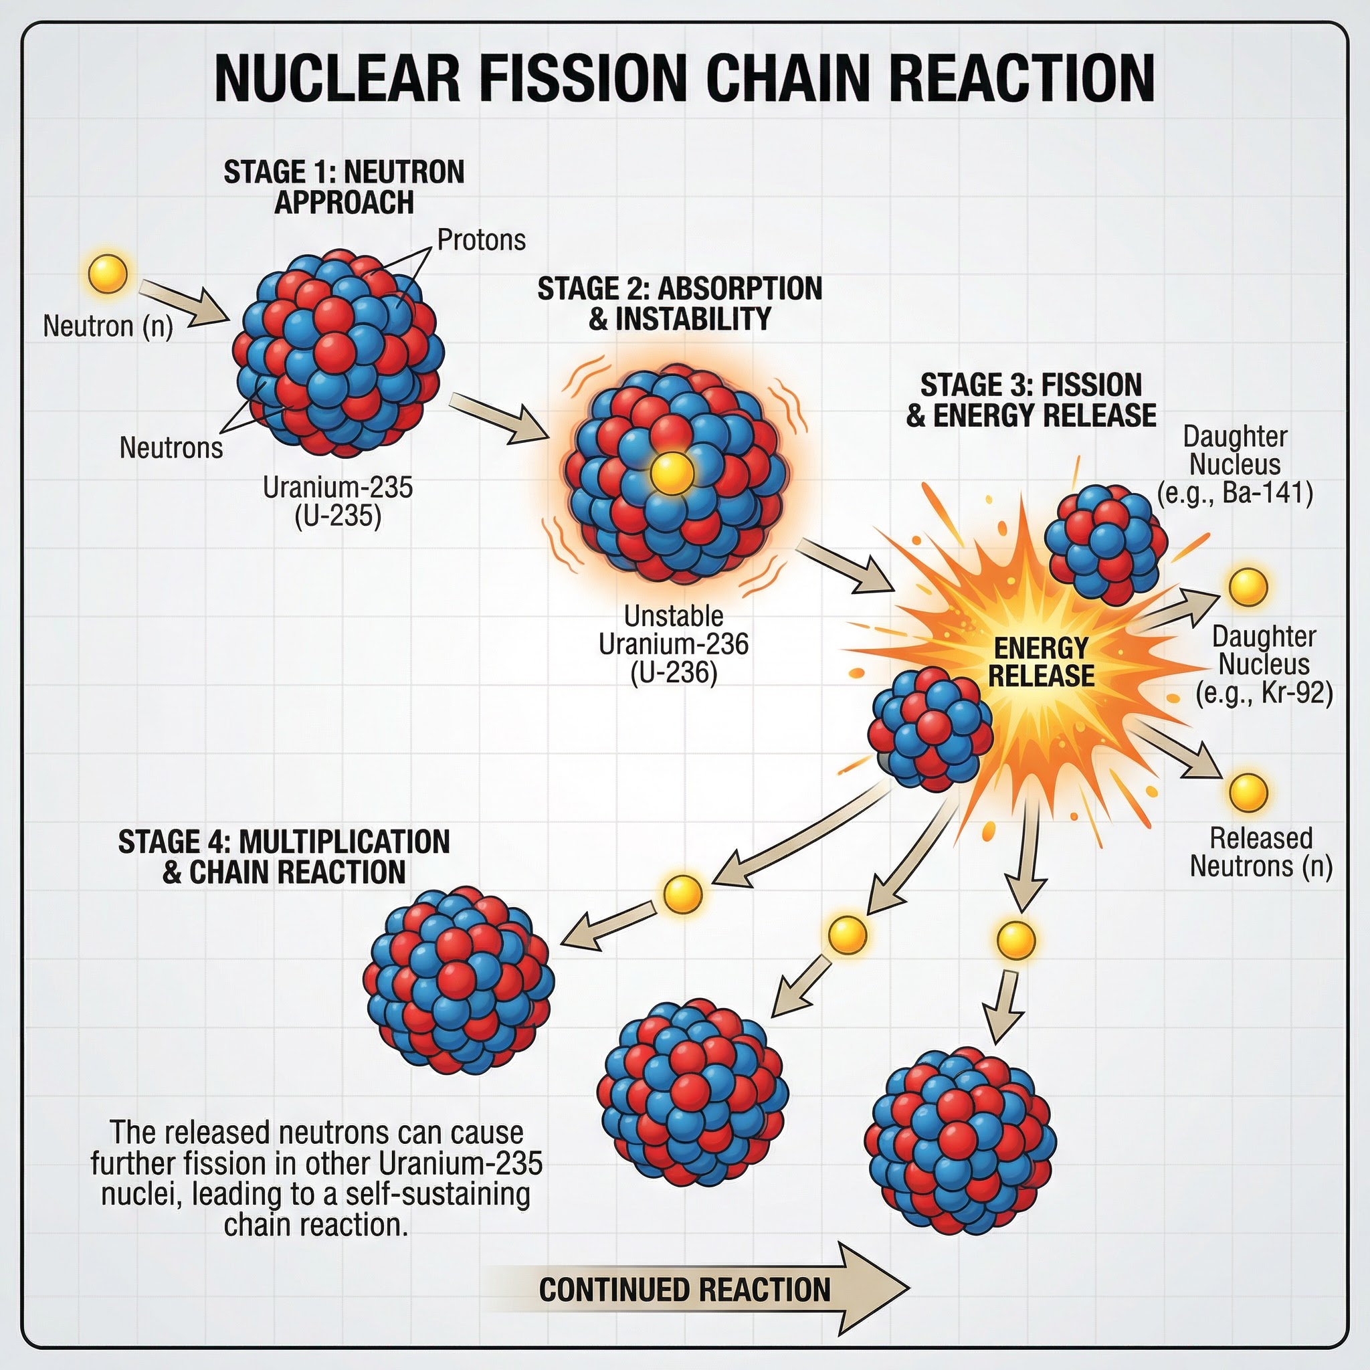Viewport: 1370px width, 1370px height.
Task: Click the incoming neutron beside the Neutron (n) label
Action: tap(108, 274)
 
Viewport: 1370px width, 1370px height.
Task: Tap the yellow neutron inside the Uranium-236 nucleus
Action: tap(671, 472)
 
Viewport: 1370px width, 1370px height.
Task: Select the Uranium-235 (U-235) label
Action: tap(338, 501)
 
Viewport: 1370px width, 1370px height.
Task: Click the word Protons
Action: tap(482, 240)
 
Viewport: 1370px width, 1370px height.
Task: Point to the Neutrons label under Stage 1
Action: tap(171, 448)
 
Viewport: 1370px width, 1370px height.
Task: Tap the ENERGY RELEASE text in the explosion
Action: tap(1041, 662)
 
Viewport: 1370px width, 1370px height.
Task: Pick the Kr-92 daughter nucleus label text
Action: tap(1264, 664)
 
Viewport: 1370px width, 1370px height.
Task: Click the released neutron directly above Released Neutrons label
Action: tap(1248, 792)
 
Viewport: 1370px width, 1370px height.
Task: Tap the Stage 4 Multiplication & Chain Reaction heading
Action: tap(284, 857)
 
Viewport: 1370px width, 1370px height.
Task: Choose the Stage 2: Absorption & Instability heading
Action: tap(680, 304)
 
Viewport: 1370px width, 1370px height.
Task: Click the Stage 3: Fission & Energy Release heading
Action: tap(1031, 400)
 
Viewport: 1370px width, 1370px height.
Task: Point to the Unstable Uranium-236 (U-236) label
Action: tap(674, 644)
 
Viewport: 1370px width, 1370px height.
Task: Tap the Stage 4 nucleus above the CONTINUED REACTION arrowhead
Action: tap(961, 1143)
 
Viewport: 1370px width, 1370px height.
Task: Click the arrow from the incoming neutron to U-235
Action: tap(183, 303)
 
